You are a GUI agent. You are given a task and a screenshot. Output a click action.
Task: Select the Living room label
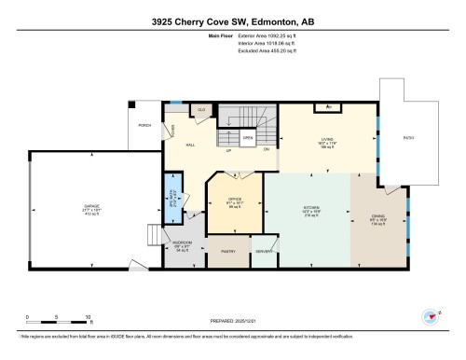click(327, 142)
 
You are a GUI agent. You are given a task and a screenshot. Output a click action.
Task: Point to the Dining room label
click(378, 218)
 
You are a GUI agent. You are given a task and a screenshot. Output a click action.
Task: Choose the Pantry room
click(227, 250)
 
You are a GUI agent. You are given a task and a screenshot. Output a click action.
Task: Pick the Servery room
click(264, 250)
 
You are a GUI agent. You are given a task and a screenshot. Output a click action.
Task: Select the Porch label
click(144, 124)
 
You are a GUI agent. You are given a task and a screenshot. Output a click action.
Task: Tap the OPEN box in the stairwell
click(248, 138)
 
